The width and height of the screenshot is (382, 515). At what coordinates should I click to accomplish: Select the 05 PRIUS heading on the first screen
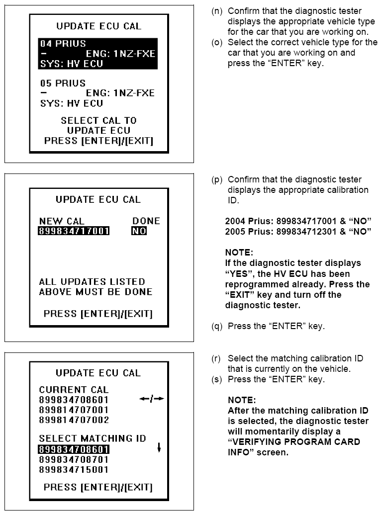pyautogui.click(x=62, y=83)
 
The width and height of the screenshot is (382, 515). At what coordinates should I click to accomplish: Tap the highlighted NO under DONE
pyautogui.click(x=139, y=231)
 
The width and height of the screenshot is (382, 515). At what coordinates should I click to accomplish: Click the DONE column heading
pyautogui.click(x=146, y=221)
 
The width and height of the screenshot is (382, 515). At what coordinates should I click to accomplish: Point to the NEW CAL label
pyautogui.click(x=62, y=221)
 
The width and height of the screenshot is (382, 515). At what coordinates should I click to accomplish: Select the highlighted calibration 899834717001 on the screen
pyautogui.click(x=74, y=231)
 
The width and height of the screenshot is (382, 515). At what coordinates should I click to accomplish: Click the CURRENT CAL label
pyautogui.click(x=74, y=390)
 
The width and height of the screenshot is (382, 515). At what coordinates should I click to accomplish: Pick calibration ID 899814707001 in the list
pyautogui.click(x=74, y=410)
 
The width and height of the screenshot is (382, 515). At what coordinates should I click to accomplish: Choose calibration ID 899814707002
pyautogui.click(x=74, y=420)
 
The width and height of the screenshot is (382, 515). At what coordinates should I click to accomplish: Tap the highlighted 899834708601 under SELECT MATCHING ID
pyautogui.click(x=74, y=450)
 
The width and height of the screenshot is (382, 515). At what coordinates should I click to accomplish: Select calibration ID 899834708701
pyautogui.click(x=74, y=460)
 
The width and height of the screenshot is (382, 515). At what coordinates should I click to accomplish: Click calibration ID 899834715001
pyautogui.click(x=74, y=470)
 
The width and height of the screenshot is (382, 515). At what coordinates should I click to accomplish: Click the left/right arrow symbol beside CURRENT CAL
pyautogui.click(x=152, y=399)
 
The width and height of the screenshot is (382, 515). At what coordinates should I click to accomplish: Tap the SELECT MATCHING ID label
pyautogui.click(x=93, y=438)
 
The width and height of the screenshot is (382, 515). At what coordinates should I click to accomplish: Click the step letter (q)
pyautogui.click(x=217, y=327)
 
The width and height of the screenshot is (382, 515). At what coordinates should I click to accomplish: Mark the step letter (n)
pyautogui.click(x=217, y=11)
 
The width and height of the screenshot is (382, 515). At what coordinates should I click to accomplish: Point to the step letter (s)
pyautogui.click(x=217, y=379)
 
